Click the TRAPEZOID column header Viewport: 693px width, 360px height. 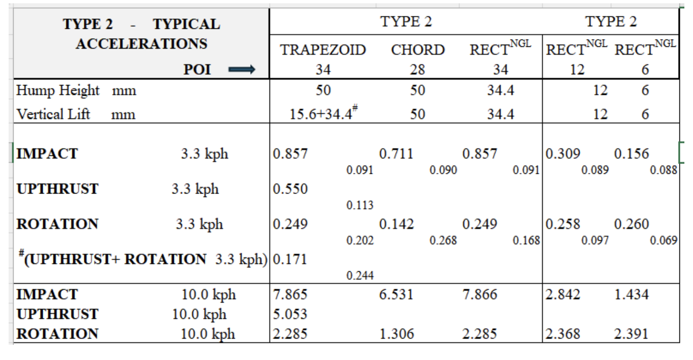(323, 50)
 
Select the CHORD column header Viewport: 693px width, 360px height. (418, 50)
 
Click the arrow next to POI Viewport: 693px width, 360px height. (242, 69)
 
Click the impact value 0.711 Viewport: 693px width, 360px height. (396, 154)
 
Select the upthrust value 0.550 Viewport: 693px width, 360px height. (290, 189)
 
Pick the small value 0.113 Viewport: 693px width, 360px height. (360, 205)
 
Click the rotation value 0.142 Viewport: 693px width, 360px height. (396, 224)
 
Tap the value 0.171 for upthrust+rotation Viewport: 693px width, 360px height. (290, 259)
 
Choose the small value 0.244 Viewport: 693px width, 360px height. (360, 275)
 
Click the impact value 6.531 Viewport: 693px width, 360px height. (396, 294)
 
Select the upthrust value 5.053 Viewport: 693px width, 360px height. (290, 314)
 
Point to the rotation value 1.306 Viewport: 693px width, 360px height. (396, 334)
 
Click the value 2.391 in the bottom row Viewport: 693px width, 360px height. (631, 334)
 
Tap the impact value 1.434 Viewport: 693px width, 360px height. (631, 294)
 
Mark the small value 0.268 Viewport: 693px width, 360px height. (443, 240)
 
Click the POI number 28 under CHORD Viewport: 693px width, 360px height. (417, 69)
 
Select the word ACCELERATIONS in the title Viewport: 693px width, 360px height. (141, 44)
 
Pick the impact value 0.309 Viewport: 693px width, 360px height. (563, 154)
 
